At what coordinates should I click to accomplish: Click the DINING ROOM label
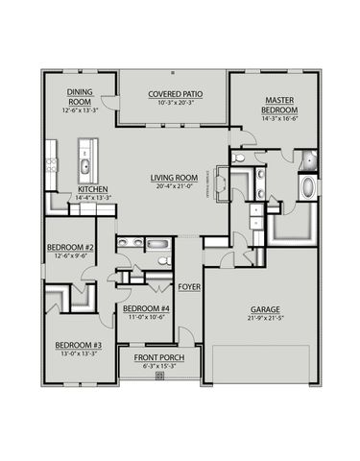coord(79,97)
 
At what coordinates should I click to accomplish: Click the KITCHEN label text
coord(92,189)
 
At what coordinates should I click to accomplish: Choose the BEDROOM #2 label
coord(69,248)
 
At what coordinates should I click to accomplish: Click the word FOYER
coord(188,286)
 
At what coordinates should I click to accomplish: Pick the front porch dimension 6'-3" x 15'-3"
coord(158,366)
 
